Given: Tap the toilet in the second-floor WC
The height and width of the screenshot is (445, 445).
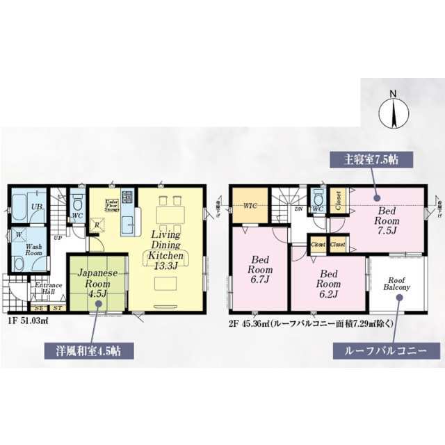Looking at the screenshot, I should pyautogui.click(x=318, y=195).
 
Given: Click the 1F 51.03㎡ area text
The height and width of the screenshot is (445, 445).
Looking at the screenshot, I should pyautogui.click(x=29, y=321).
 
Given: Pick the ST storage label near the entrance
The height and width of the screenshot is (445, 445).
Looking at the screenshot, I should pyautogui.click(x=57, y=308).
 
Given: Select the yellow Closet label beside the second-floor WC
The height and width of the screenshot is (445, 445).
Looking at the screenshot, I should pyautogui.click(x=338, y=200).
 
